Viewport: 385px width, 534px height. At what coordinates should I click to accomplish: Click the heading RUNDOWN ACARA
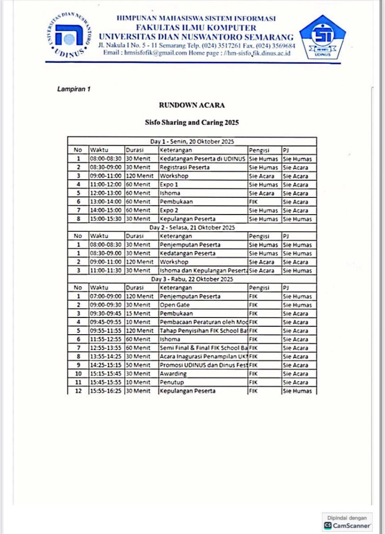coord(192,105)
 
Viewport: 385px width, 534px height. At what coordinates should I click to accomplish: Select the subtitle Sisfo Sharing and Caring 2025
coord(192,123)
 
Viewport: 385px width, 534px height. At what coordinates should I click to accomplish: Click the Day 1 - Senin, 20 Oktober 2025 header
coord(192,142)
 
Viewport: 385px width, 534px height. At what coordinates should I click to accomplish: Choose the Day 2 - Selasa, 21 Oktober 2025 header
coord(192,228)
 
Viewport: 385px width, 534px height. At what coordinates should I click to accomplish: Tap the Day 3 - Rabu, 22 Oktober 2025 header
coord(192,279)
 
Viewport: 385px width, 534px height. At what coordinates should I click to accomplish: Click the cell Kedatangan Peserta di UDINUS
coord(202,159)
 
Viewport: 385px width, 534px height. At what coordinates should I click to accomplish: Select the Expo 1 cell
coord(169,185)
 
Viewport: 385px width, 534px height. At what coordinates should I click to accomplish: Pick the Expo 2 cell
coord(169,210)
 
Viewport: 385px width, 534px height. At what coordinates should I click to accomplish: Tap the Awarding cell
coord(173,374)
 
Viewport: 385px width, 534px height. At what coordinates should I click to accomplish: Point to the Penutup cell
coord(173,382)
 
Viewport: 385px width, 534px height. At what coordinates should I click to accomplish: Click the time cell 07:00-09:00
coord(106,297)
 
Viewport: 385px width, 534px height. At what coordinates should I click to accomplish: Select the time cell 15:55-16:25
coord(106,391)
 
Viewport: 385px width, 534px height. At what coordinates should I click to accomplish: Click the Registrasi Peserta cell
coord(185,168)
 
